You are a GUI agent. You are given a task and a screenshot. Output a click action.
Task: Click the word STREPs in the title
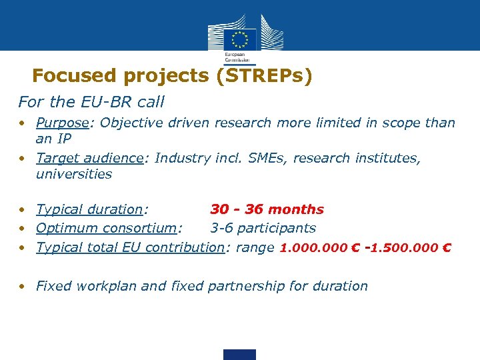(x=267, y=76)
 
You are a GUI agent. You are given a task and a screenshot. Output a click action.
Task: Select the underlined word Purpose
(x=63, y=123)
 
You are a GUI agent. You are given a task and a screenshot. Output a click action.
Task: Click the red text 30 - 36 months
(x=267, y=209)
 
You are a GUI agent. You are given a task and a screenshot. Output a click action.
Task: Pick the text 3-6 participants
(x=263, y=228)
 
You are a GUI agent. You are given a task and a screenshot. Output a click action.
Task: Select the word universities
(x=74, y=175)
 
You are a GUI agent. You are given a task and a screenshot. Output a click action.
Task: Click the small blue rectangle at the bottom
(x=239, y=354)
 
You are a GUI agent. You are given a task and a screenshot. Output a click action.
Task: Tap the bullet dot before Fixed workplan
(x=23, y=286)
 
